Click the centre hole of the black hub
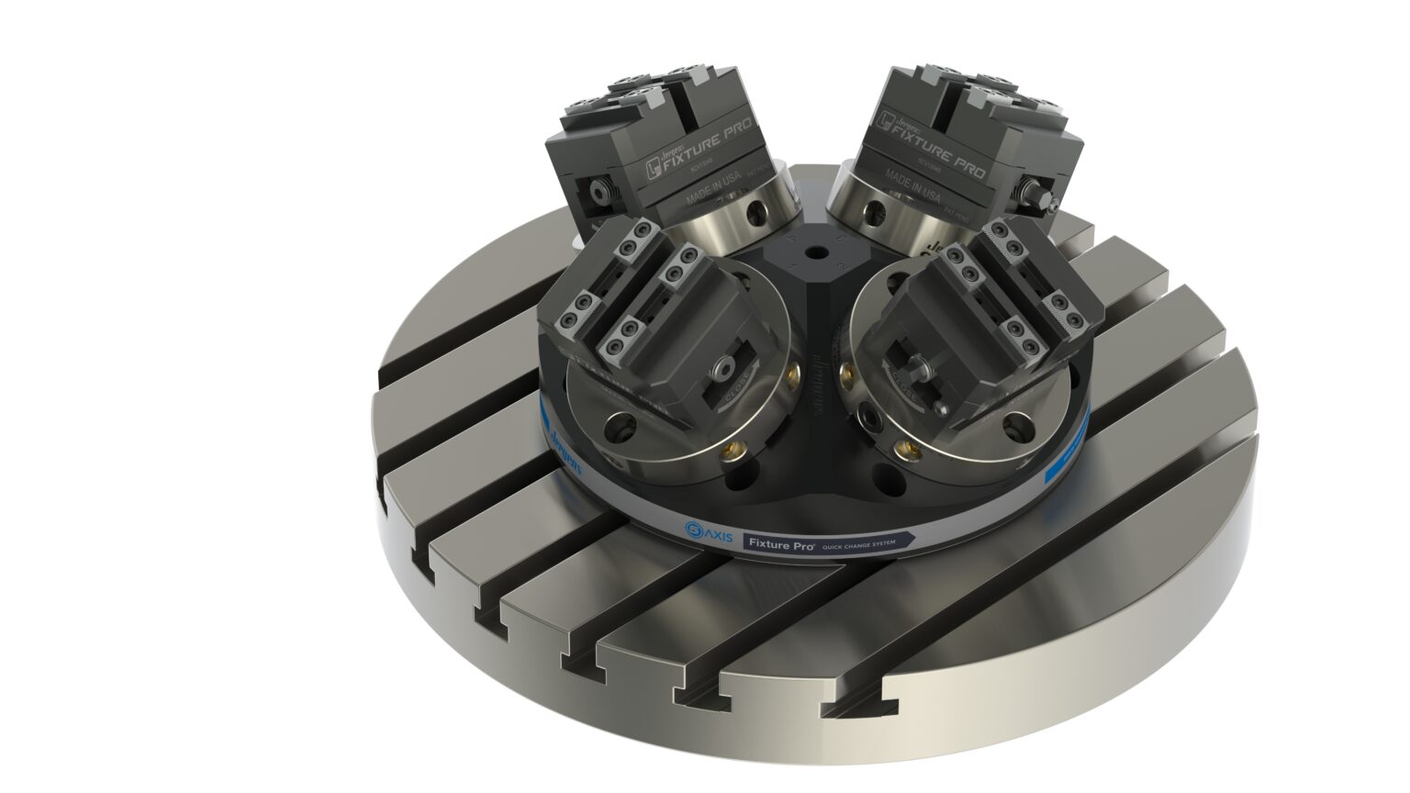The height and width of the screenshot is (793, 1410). pyautogui.click(x=814, y=251)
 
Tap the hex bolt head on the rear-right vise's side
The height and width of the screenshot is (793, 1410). pyautogui.click(x=1035, y=195)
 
